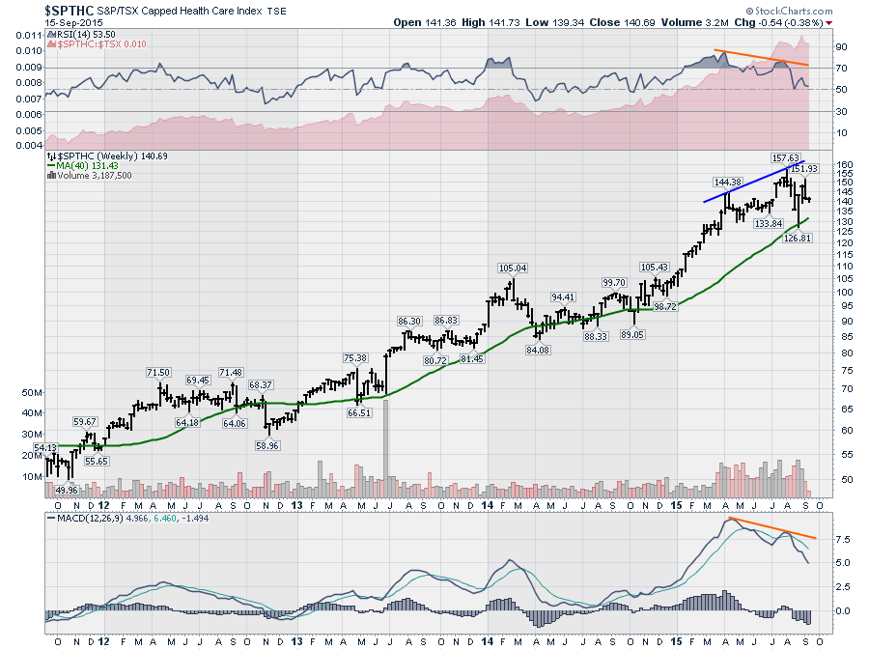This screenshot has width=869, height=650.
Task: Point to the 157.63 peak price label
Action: [x=785, y=156]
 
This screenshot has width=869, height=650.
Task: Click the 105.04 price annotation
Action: [x=513, y=268]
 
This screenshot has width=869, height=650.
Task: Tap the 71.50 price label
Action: [x=158, y=372]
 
